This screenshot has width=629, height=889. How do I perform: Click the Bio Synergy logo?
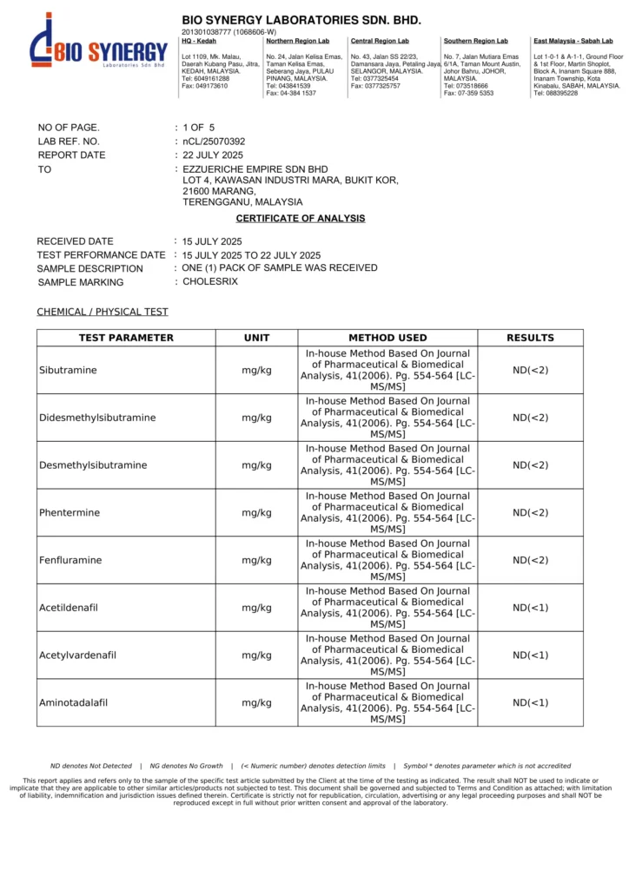click(x=97, y=51)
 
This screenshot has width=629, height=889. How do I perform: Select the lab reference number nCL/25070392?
click(x=214, y=141)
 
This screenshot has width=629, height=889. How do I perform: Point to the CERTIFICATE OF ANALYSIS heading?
click(x=301, y=219)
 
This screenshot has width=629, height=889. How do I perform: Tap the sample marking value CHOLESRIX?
click(x=210, y=281)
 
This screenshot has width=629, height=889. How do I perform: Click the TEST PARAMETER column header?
click(x=126, y=338)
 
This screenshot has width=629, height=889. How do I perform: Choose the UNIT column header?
click(x=256, y=338)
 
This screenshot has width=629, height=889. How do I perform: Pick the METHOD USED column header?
click(x=387, y=338)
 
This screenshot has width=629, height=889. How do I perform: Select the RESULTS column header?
click(x=530, y=338)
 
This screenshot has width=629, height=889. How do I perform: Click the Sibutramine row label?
click(x=68, y=371)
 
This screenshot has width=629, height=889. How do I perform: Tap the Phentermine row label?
click(x=70, y=513)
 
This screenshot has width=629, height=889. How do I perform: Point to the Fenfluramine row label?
click(x=70, y=560)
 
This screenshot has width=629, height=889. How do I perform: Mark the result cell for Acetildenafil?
click(x=530, y=608)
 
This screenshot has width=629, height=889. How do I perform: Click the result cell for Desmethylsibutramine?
click(x=530, y=465)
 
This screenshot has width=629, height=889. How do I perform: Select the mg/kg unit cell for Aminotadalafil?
click(x=256, y=703)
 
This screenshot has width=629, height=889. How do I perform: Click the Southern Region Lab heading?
click(x=475, y=41)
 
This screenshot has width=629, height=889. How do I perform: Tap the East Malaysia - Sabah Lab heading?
click(x=573, y=41)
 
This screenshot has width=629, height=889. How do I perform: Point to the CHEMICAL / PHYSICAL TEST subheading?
click(x=103, y=312)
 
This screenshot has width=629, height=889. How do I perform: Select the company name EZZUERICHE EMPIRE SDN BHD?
click(x=255, y=169)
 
